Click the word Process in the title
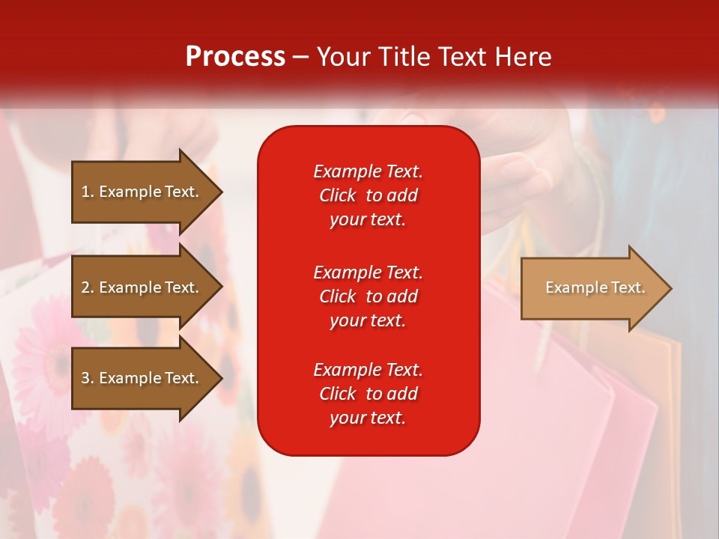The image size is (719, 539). pyautogui.click(x=235, y=57)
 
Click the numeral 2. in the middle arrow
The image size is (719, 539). pyautogui.click(x=88, y=287)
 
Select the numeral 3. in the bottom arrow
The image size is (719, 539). pyautogui.click(x=88, y=378)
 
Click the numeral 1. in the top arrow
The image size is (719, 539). pyautogui.click(x=88, y=192)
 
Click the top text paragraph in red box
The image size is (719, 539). pyautogui.click(x=368, y=195)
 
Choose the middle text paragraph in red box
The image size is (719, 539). pyautogui.click(x=368, y=296)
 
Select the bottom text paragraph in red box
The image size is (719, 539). pyautogui.click(x=368, y=394)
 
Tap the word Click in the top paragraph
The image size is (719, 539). pyautogui.click(x=337, y=195)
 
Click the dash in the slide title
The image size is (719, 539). pyautogui.click(x=301, y=57)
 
